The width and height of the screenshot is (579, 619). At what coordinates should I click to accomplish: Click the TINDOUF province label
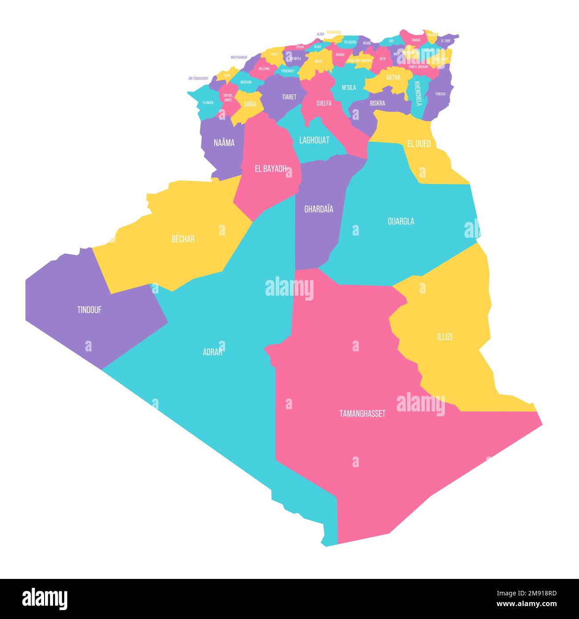(x=89, y=310)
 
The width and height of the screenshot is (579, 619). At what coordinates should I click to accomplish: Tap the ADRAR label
(x=212, y=352)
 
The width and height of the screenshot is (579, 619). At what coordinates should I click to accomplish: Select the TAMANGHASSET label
(x=362, y=414)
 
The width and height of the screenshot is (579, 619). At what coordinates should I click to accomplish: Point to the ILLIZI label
(x=444, y=337)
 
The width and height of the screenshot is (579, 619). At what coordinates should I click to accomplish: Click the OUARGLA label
(x=401, y=221)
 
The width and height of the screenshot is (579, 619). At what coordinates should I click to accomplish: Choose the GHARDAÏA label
(x=318, y=209)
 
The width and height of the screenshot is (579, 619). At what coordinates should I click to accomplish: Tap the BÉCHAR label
(x=183, y=239)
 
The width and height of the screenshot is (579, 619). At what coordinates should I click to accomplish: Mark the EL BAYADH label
(x=270, y=169)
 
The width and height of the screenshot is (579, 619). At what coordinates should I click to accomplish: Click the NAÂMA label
(x=224, y=143)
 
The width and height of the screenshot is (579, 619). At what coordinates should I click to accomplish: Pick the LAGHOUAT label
(x=314, y=140)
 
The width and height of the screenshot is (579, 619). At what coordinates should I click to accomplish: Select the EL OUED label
(x=419, y=144)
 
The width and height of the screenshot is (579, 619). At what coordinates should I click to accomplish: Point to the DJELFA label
(x=324, y=103)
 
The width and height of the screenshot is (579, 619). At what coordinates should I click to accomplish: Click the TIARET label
(x=289, y=97)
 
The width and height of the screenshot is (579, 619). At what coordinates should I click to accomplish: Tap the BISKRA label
(x=377, y=103)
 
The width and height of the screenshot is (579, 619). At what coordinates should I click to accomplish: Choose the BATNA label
(x=393, y=77)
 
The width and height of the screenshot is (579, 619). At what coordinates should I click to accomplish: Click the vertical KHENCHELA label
(x=418, y=94)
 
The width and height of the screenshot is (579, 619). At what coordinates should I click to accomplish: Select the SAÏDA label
(x=250, y=104)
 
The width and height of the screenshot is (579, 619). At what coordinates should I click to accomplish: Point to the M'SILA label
(x=349, y=88)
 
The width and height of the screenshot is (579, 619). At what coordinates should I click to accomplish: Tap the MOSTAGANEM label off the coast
(x=239, y=57)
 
